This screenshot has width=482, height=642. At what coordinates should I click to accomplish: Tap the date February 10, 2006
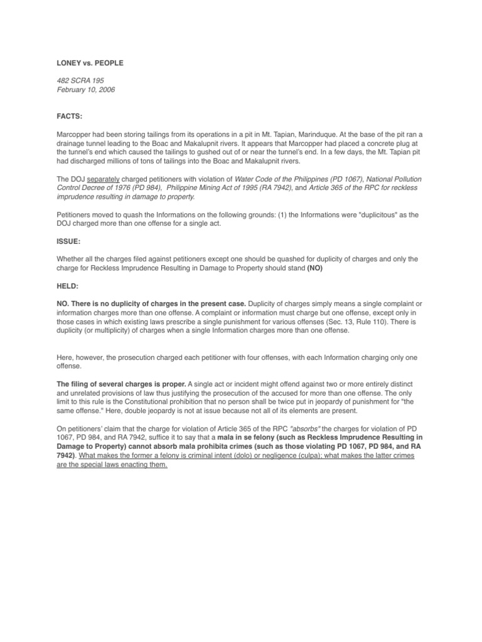point(85,90)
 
